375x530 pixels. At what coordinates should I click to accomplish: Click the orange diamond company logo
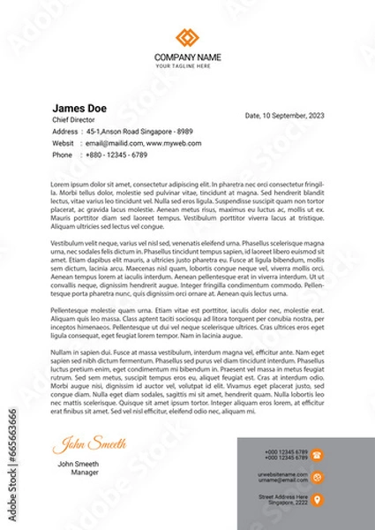187,38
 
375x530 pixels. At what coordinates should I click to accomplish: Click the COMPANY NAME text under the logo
187,57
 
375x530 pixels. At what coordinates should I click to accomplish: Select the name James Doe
79,108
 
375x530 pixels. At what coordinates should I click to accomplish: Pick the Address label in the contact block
65,131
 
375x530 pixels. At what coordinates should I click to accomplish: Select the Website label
64,142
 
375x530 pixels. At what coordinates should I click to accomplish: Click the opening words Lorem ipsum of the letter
68,184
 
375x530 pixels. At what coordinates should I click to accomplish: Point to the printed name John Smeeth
78,464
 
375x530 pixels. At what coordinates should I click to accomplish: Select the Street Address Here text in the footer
282,496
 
